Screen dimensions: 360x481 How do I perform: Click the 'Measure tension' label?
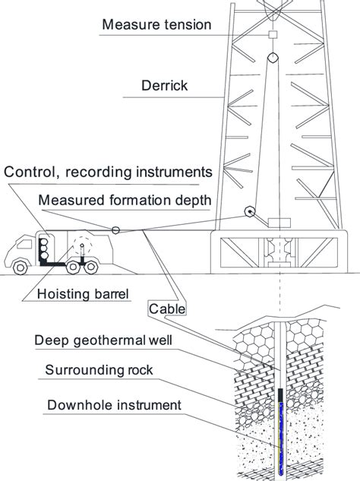click(x=156, y=24)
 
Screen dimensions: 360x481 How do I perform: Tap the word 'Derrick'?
click(x=164, y=85)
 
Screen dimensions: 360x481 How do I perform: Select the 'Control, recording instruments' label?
click(x=108, y=172)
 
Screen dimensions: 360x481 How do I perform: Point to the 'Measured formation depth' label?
click(x=125, y=201)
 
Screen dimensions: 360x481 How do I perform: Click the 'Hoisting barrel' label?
click(x=83, y=294)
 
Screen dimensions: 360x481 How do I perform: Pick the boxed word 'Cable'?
click(x=167, y=309)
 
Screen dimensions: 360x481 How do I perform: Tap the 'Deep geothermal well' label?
click(x=103, y=340)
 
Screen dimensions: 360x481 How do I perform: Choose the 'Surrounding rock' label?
click(x=99, y=370)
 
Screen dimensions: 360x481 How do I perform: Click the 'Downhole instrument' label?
click(x=114, y=405)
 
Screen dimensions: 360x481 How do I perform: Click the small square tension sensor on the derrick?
click(x=273, y=34)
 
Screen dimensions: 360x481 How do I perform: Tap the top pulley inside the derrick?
click(x=273, y=57)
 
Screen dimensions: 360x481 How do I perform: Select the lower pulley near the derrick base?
click(x=250, y=211)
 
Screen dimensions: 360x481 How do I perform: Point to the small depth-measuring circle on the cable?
click(x=115, y=230)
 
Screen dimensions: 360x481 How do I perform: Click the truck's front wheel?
click(x=21, y=267)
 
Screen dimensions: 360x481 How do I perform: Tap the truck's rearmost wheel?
click(x=91, y=267)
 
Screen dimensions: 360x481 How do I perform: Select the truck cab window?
click(x=24, y=244)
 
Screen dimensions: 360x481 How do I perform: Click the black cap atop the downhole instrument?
click(x=280, y=395)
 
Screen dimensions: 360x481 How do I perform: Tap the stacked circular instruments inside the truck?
click(x=44, y=248)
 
